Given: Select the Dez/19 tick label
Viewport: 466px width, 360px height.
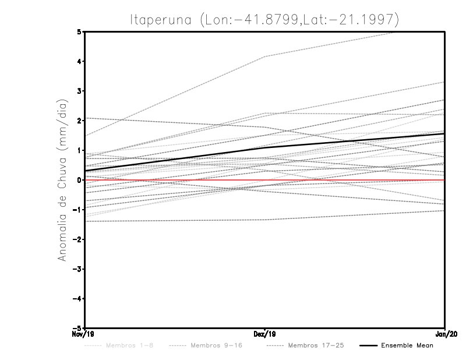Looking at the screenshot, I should pyautogui.click(x=265, y=334).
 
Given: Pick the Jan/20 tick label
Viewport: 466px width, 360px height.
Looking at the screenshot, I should pyautogui.click(x=444, y=334).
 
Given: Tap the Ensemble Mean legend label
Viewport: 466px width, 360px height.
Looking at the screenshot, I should pyautogui.click(x=407, y=346).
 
